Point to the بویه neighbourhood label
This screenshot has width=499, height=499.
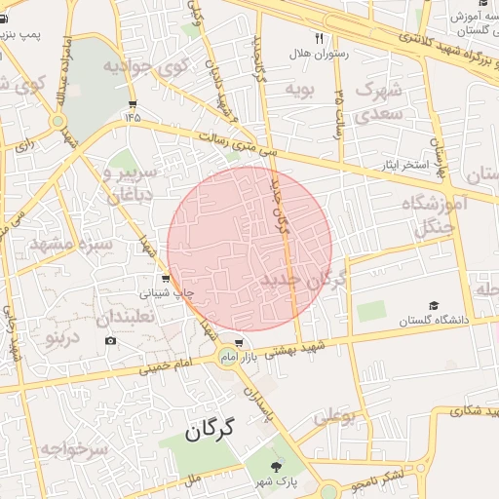299,90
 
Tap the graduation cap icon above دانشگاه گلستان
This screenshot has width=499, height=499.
432,305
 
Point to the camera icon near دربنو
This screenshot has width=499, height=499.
110,340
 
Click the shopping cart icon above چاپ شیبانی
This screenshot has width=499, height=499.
165,277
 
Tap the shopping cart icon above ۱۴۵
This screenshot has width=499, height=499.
133,103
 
